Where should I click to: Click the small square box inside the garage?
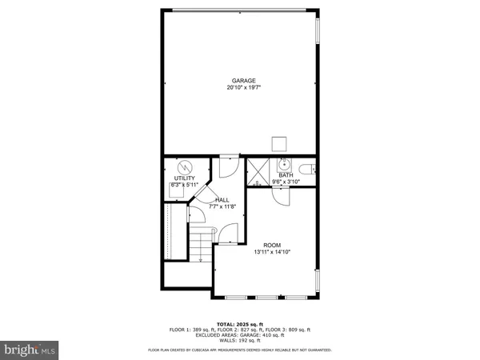pyautogui.click(x=279, y=144)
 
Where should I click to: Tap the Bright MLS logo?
pyautogui.click(x=30, y=349)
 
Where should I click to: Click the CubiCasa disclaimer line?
pyautogui.click(x=240, y=350)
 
